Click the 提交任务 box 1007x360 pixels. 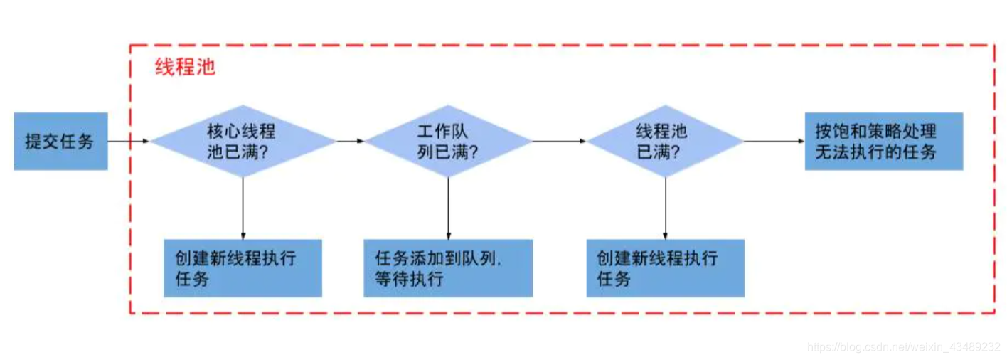tap(60, 141)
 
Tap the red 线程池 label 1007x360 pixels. tap(185, 68)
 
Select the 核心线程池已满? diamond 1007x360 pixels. tap(243, 141)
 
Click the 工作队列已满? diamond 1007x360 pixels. tap(447, 141)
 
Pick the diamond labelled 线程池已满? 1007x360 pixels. tap(665, 141)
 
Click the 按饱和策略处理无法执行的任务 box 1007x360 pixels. tap(883, 141)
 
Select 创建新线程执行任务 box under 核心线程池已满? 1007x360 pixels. tap(243, 268)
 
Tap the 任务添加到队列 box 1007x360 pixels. tap(448, 268)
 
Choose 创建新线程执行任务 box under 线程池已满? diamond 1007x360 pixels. tap(665, 268)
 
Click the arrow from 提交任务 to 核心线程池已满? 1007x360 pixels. tap(129, 141)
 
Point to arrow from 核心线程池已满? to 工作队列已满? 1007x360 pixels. tap(350, 141)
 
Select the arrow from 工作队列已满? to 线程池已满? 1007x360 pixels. tap(559, 141)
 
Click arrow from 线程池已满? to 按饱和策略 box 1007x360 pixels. tap(774, 141)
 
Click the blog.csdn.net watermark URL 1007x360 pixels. tap(904, 347)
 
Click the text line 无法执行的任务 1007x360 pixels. tap(875, 152)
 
